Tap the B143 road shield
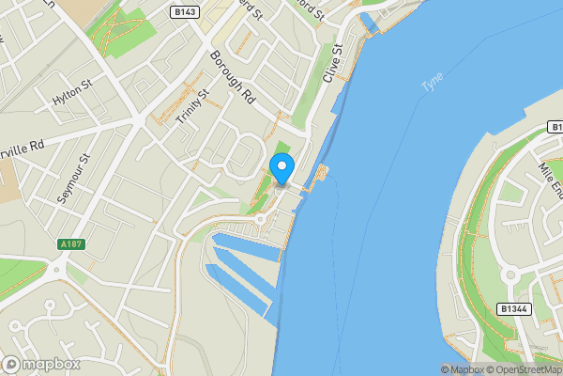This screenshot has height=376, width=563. click(184, 12)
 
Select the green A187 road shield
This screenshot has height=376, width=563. click(71, 244)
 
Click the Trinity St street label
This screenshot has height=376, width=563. click(190, 104)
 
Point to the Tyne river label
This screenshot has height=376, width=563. click(432, 83)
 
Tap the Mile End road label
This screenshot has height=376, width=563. click(550, 179)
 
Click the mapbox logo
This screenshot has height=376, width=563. click(42, 364)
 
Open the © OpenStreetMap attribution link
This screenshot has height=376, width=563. click(525, 369)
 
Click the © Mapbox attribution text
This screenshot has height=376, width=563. click(462, 369)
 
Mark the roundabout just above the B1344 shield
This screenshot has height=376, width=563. click(511, 276)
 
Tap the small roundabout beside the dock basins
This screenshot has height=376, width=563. click(262, 219)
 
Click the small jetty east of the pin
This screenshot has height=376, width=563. click(322, 173)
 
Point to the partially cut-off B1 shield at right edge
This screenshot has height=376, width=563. click(555, 126)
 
